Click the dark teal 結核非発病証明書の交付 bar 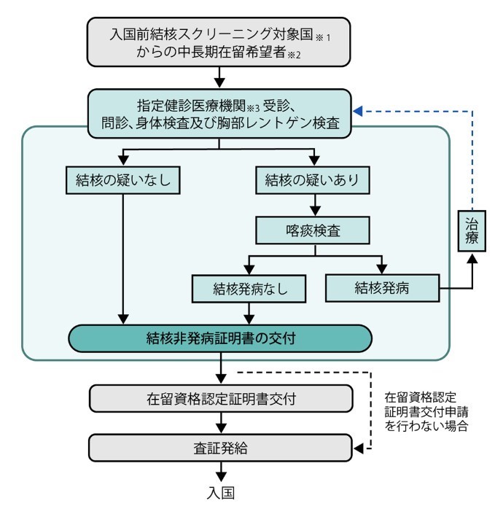coord(221,338)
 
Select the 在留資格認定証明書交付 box coord(221,399)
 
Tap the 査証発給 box coord(221,448)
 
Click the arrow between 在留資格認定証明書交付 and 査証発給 coord(221,424)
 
